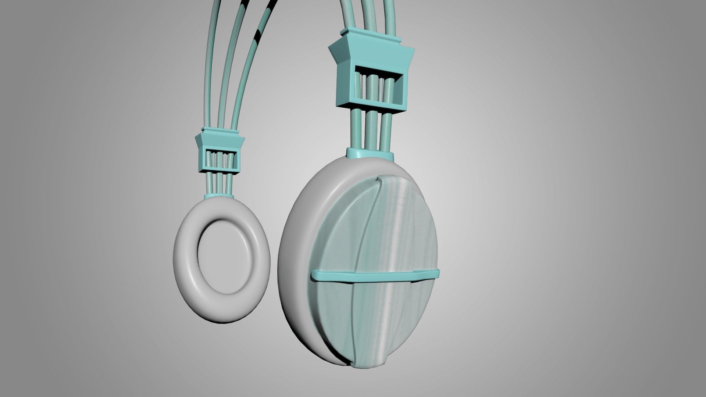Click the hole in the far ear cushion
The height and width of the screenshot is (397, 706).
[223, 254]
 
